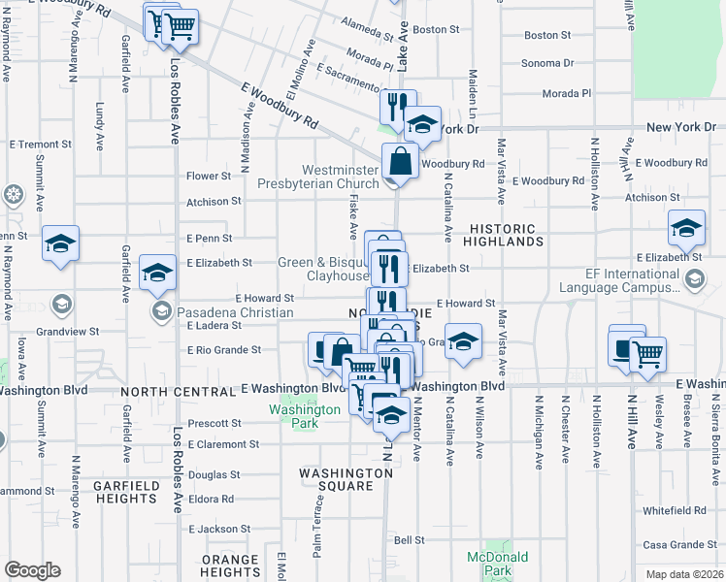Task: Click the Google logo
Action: pos(32,570)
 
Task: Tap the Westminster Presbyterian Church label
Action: pos(317,177)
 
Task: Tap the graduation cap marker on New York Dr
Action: pos(422,124)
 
